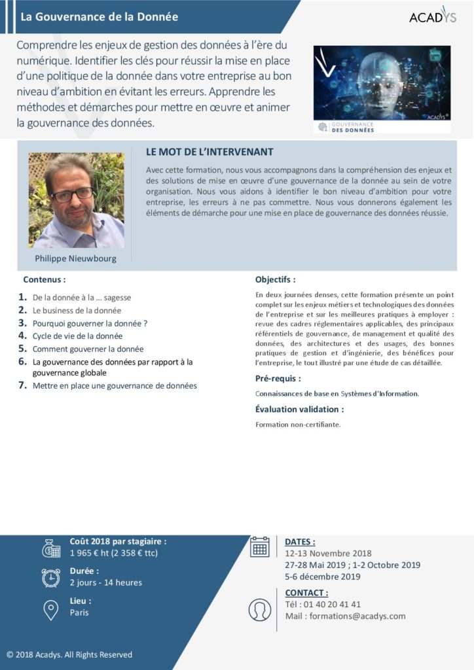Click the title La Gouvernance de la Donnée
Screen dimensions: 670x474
tap(99, 17)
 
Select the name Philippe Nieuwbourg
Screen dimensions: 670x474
tap(75, 258)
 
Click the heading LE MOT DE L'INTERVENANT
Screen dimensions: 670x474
tap(210, 152)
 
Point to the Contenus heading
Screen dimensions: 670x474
tap(45, 279)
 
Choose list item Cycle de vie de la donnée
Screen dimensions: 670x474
tap(77, 336)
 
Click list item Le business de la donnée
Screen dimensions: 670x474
tap(77, 310)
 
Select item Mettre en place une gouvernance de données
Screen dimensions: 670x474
tap(115, 386)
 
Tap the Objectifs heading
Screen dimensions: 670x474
tap(275, 279)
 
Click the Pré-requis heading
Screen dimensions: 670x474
tap(278, 378)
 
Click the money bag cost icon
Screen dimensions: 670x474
tap(51, 548)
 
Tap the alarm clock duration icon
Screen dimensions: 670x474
tap(51, 577)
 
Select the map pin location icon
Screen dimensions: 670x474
tap(50, 609)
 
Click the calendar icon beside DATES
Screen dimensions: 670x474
tap(260, 546)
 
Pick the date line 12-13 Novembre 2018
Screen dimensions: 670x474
tap(328, 554)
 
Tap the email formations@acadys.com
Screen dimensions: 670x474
tap(357, 616)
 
